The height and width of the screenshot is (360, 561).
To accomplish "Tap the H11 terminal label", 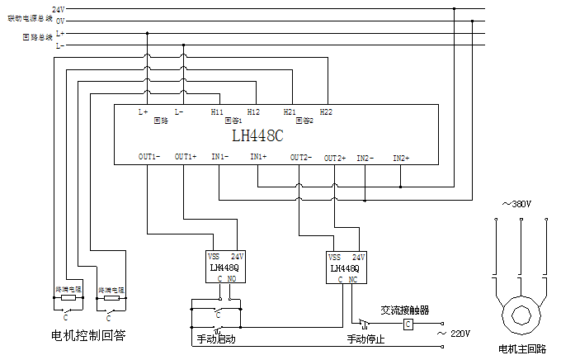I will point(217,111).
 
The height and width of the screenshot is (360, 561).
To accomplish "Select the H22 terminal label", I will point(326,111).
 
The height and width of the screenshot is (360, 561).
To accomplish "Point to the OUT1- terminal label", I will point(149,157).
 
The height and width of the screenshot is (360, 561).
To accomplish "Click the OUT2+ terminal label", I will point(334,157).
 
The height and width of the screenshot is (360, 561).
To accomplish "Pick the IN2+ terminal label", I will point(401,157).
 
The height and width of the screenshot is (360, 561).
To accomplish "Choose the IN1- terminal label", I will point(220,157).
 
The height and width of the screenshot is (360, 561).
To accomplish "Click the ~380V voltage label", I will point(517,204).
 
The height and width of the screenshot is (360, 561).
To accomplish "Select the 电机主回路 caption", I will point(521,350).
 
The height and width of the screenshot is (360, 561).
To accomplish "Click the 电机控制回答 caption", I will point(88,336).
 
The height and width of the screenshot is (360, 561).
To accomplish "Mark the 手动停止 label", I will point(365,339).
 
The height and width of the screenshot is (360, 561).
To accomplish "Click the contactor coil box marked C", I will point(408,324).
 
